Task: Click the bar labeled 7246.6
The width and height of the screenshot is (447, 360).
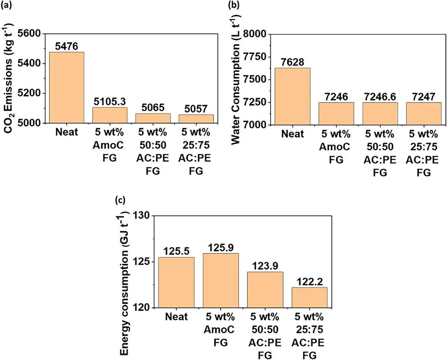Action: [x=379, y=114]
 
